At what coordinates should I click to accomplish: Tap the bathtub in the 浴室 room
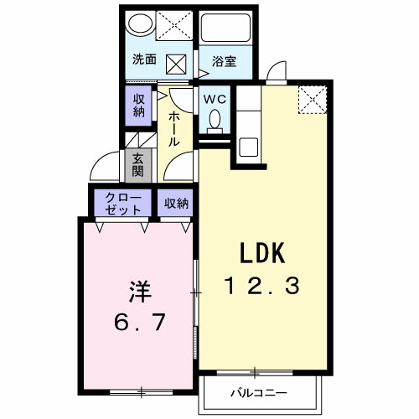pos(225,28)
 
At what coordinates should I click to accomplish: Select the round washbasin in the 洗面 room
pos(140,24)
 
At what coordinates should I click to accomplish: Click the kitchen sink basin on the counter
pos(248,147)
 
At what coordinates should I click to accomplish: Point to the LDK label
pos(262,253)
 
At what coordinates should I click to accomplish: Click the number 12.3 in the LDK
pos(264,286)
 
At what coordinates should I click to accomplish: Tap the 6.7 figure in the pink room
pos(139,322)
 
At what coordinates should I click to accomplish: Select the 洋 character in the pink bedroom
pos(140,292)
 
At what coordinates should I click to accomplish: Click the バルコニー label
pos(259,393)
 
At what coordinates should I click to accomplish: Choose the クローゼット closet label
pos(123,204)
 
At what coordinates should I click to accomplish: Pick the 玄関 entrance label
pos(138,165)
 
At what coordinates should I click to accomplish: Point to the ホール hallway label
pos(173,128)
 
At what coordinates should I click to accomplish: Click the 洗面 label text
pos(144,59)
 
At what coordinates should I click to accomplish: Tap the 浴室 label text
pos(224,61)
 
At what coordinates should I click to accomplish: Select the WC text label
pos(215,100)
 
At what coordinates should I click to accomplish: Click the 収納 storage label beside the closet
pos(176,204)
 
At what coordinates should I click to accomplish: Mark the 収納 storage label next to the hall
pos(138,106)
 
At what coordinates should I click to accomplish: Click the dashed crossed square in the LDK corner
pos(313,100)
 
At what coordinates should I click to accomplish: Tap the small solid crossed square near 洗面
pos(176,65)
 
